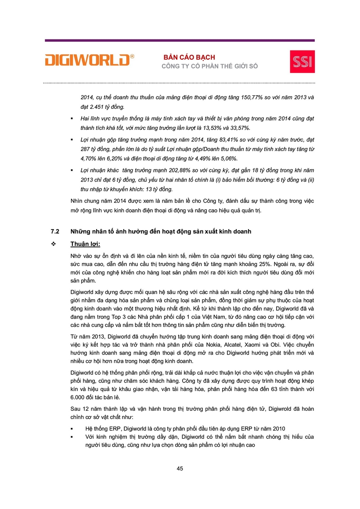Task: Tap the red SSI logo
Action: [302, 61]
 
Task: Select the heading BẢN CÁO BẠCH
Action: [189, 57]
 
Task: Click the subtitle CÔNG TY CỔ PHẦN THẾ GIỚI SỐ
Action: [210, 66]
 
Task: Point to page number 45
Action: [180, 468]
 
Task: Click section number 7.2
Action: [55, 231]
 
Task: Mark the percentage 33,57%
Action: [238, 127]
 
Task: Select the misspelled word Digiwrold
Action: [251, 409]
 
